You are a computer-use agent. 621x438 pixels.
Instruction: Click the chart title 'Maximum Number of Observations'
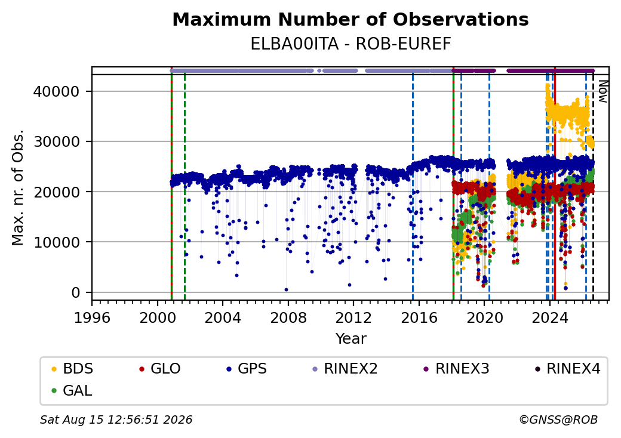(351, 19)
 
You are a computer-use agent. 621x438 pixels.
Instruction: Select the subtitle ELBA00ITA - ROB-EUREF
(351, 44)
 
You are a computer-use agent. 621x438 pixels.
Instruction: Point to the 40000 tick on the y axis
(56, 91)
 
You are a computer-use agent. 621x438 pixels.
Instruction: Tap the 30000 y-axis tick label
(56, 141)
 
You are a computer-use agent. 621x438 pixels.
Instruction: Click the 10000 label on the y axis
(56, 242)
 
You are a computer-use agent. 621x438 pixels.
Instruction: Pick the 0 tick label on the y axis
(76, 293)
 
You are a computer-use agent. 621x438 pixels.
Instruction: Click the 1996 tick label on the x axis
(92, 317)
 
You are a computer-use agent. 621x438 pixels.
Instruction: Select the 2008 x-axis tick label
(288, 317)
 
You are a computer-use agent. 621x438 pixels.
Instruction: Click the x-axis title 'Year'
(351, 339)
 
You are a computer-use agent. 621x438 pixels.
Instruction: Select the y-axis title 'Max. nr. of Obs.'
(18, 187)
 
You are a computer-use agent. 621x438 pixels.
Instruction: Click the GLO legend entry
(159, 369)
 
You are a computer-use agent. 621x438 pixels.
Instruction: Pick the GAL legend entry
(72, 390)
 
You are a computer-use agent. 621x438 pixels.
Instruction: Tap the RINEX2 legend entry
(345, 369)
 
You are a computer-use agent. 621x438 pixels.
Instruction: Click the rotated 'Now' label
(602, 91)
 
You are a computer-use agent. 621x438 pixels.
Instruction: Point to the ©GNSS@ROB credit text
(558, 420)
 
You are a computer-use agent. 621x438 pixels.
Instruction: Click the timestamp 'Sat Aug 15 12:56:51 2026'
(116, 420)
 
